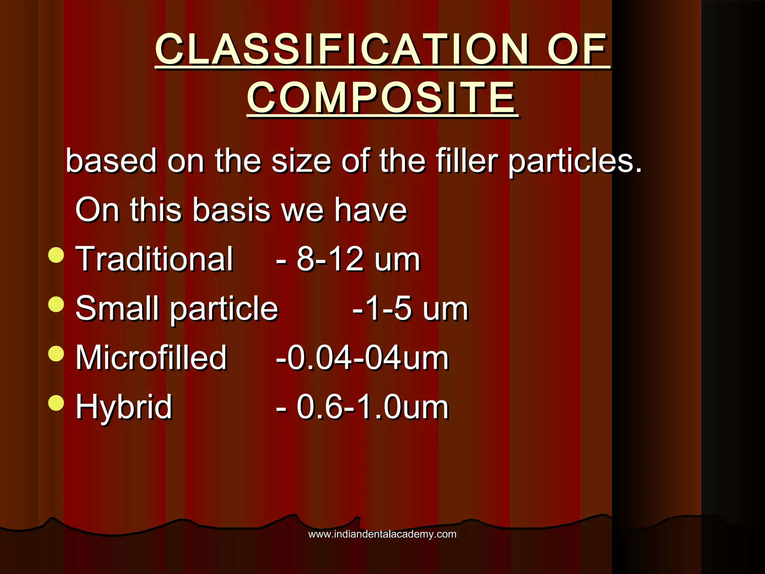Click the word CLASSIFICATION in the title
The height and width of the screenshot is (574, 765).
(342, 49)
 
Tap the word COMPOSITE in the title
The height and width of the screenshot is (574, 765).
(382, 98)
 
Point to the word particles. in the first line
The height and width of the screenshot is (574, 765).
(575, 161)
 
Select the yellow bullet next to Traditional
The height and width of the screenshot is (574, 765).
(56, 255)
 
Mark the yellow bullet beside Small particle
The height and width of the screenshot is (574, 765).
(56, 304)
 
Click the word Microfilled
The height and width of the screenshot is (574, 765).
(151, 358)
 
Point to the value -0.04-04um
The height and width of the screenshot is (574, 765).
(362, 358)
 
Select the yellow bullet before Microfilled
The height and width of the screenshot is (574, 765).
(56, 353)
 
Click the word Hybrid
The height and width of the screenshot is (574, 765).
(124, 407)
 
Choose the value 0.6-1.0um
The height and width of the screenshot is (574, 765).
(372, 407)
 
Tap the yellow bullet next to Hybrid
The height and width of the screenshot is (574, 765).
(56, 402)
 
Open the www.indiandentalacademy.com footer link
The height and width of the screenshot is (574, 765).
(382, 534)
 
